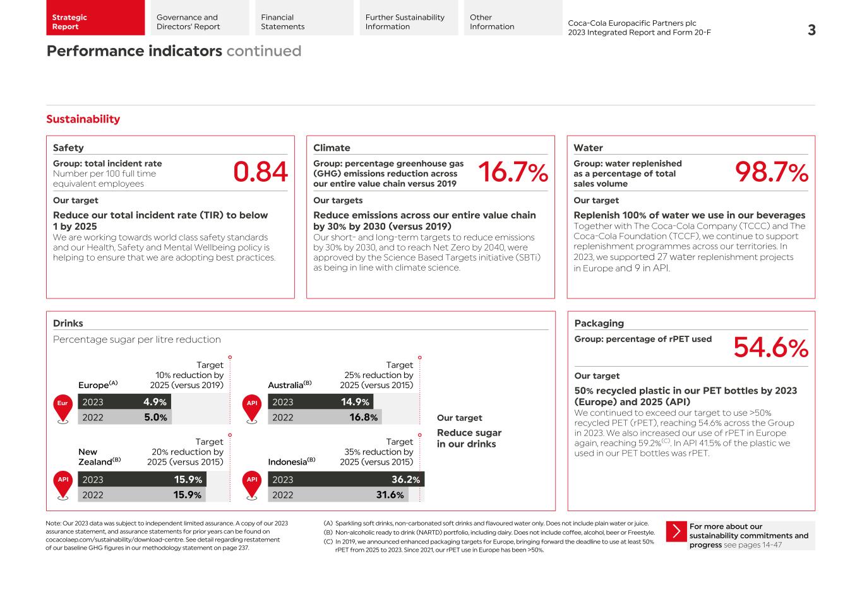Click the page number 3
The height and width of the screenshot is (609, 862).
[x=811, y=30]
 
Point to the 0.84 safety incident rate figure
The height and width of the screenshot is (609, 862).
[x=260, y=172]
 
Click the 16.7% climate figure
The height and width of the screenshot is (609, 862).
[x=512, y=172]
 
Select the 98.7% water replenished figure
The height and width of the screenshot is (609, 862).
[x=771, y=172]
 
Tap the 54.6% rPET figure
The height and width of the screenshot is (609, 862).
[x=770, y=348]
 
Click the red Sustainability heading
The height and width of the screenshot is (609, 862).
[x=83, y=119]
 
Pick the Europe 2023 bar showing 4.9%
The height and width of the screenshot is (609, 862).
[x=124, y=402]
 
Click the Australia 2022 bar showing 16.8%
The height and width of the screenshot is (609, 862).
[x=325, y=417]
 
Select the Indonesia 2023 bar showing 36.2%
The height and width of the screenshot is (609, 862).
[x=346, y=480]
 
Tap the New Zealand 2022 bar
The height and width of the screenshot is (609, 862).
[x=141, y=495]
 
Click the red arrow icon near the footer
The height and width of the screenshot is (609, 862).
[x=676, y=531]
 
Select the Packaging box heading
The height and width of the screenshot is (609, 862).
[x=599, y=323]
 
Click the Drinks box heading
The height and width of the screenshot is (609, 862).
[x=68, y=323]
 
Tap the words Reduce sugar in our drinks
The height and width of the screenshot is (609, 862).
[x=469, y=438]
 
